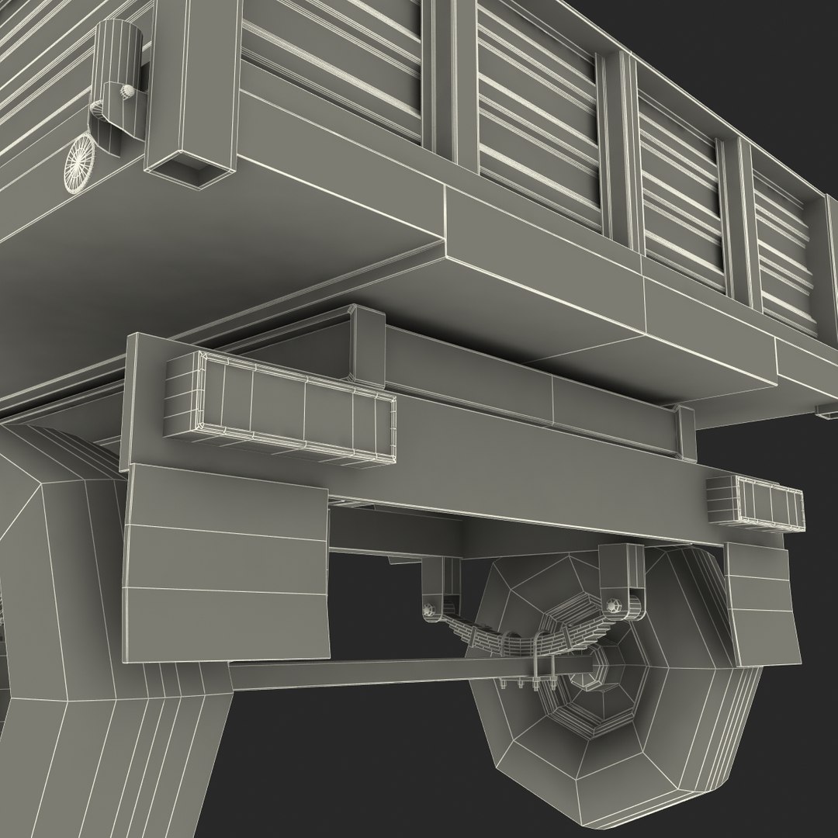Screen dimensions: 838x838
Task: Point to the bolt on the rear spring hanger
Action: [x=615, y=603]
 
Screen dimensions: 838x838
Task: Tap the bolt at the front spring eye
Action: [x=428, y=611]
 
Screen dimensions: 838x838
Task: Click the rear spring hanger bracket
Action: [x=621, y=574]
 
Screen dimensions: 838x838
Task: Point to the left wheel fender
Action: [x=47, y=559]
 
